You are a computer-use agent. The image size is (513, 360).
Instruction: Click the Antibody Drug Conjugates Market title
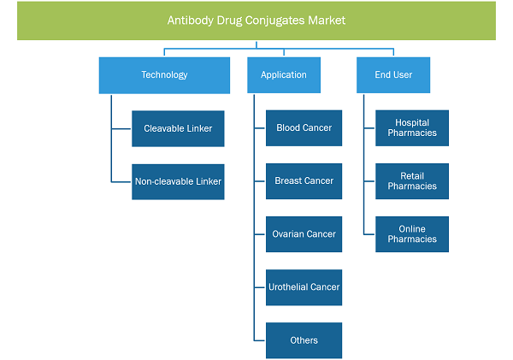point(256,21)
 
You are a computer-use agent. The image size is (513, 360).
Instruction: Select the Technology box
point(164,75)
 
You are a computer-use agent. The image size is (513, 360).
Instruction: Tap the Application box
point(284,75)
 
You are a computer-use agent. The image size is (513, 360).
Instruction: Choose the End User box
point(393,75)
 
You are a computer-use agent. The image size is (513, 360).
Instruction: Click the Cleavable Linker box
point(178,128)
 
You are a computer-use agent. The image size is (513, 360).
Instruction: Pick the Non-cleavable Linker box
point(178,181)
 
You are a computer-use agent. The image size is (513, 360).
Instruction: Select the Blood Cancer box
point(304,128)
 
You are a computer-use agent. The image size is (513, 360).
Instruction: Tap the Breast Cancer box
point(304,181)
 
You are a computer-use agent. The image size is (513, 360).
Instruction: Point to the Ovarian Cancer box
point(304,234)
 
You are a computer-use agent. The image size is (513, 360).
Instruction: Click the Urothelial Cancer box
point(304,287)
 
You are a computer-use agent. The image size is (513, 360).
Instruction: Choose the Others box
point(304,340)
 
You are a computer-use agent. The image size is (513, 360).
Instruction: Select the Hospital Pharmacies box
point(412,128)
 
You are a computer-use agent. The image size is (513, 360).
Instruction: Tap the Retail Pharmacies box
point(412,181)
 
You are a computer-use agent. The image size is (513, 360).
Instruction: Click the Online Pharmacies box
point(412,234)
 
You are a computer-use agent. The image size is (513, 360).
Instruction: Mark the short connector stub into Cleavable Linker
point(121,128)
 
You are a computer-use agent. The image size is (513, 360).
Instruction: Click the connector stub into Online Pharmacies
point(369,234)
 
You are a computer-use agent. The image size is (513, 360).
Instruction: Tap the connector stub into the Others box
point(260,340)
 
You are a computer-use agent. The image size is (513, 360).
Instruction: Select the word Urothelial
point(287,287)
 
